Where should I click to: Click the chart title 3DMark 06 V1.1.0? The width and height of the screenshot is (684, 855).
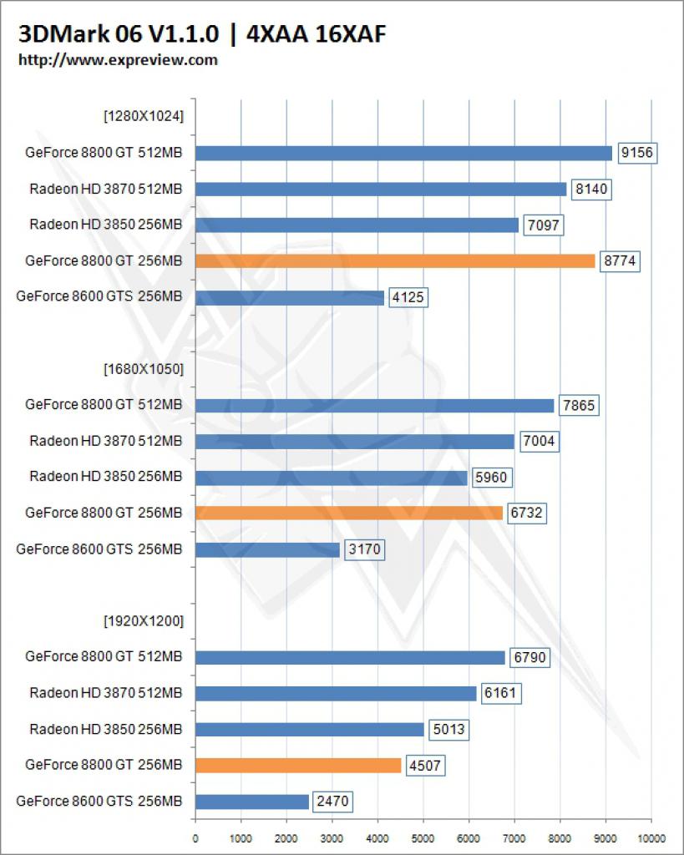pos(119,33)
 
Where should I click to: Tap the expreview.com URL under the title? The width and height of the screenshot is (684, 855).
pos(118,60)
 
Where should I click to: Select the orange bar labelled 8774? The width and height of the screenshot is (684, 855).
pos(395,261)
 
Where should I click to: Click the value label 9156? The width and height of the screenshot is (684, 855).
pos(637,153)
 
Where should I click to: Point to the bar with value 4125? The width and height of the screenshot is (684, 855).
pos(290,298)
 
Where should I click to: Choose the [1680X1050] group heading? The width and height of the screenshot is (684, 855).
pos(144,369)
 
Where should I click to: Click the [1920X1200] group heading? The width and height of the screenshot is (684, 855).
pos(144,621)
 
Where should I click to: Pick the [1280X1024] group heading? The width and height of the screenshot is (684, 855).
pos(144,116)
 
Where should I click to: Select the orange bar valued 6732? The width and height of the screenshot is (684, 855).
pos(349,514)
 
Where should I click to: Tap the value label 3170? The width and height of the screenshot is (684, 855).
pos(364,549)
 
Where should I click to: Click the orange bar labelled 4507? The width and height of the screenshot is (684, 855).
pos(298,766)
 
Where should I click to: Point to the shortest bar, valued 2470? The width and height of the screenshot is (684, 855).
pos(252,802)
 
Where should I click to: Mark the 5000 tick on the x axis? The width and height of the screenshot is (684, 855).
pos(423,838)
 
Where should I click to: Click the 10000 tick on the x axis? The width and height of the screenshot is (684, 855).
pos(651,838)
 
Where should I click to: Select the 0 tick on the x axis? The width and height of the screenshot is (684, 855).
pos(195,838)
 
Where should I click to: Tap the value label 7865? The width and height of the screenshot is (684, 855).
pos(579,405)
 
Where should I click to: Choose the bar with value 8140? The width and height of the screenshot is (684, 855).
pos(381,190)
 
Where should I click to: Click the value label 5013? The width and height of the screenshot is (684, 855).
pos(448,730)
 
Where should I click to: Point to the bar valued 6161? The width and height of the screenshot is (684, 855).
pos(336,694)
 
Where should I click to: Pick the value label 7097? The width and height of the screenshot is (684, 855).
pos(543,225)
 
